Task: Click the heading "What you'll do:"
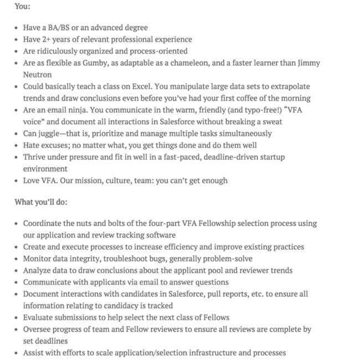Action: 41,202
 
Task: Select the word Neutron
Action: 37,74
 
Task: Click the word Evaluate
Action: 40,317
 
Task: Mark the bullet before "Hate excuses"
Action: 16,145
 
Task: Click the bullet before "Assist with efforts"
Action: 16,353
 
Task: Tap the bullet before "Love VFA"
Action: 16,181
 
